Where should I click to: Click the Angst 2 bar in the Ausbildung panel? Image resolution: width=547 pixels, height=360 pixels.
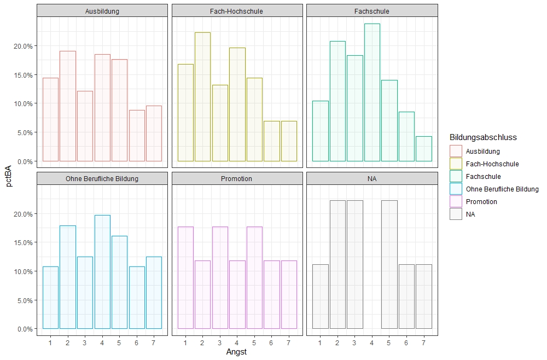pyautogui.click(x=68, y=106)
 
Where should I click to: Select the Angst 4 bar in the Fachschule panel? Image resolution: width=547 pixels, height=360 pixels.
pyautogui.click(x=372, y=92)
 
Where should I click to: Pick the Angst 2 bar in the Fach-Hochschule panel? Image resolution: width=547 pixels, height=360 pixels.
pyautogui.click(x=202, y=97)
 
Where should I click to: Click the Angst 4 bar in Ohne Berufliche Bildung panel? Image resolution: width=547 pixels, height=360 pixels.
pyautogui.click(x=102, y=272)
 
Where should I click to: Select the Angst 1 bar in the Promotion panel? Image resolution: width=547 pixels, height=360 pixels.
pyautogui.click(x=185, y=277)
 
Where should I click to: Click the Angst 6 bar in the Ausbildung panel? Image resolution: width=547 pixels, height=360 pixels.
pyautogui.click(x=137, y=136)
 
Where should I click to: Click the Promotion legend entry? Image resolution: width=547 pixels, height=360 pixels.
pyautogui.click(x=482, y=202)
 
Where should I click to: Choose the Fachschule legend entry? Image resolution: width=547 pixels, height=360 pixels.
pyautogui.click(x=484, y=177)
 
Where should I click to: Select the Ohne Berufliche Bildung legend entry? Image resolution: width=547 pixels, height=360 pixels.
pyautogui.click(x=502, y=189)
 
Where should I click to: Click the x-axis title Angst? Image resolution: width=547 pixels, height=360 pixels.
pyautogui.click(x=236, y=352)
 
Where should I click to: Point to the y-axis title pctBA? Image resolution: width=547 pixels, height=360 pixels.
pyautogui.click(x=9, y=178)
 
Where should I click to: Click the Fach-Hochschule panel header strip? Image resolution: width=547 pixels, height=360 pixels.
pyautogui.click(x=237, y=11)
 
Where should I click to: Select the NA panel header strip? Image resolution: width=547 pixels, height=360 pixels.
pyautogui.click(x=372, y=178)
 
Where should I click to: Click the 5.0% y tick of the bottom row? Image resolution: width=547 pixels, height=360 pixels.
pyautogui.click(x=25, y=300)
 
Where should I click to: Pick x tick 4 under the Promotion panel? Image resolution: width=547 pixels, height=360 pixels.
pyautogui.click(x=237, y=342)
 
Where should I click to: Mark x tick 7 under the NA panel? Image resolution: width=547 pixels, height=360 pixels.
pyautogui.click(x=424, y=342)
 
